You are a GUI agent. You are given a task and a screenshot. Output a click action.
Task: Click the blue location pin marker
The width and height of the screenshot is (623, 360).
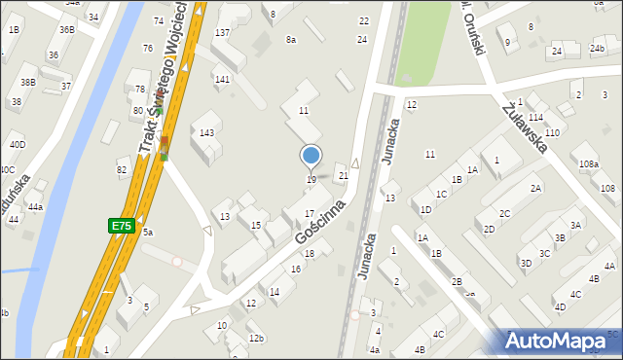(x=311, y=156)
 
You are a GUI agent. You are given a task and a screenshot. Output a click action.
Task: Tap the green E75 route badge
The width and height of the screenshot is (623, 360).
(x=121, y=226)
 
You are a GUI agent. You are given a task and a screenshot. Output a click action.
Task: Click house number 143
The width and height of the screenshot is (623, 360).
(x=206, y=132)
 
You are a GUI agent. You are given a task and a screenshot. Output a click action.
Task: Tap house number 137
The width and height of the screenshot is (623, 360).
(x=222, y=33)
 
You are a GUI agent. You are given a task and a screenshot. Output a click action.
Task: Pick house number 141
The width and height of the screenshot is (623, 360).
(x=222, y=79)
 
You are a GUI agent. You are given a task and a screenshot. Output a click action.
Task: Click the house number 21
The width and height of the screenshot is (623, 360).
(x=343, y=175)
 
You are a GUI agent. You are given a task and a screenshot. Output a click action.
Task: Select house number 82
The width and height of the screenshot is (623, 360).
(x=122, y=170)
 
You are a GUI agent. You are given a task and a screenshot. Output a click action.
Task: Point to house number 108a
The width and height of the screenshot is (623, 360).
(x=588, y=165)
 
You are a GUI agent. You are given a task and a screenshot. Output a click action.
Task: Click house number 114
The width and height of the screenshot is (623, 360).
(x=535, y=117)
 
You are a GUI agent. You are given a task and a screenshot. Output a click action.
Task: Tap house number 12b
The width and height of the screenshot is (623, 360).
(x=256, y=338)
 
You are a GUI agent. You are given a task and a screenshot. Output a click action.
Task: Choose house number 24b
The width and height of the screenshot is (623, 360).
(x=597, y=49)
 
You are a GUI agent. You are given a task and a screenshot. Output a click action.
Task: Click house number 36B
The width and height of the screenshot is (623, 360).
(x=66, y=29)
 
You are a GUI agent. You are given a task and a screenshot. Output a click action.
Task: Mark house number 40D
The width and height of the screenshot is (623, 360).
(x=18, y=145)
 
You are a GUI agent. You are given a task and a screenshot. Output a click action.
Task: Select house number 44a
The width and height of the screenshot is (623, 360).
(x=35, y=207)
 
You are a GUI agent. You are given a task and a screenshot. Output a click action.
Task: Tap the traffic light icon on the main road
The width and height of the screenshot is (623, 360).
(x=164, y=148)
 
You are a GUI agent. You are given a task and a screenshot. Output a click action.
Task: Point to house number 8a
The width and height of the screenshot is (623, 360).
(x=290, y=39)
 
